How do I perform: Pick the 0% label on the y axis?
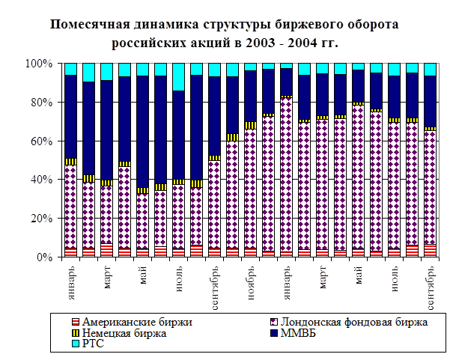44,257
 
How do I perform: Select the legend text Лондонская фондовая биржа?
354,323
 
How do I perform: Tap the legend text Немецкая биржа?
124,333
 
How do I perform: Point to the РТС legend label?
93,344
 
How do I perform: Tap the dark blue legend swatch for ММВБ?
273,333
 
